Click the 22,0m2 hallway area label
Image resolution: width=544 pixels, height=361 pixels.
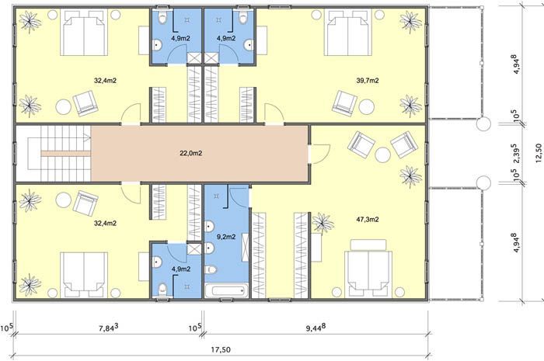pyautogui.click(x=191, y=153)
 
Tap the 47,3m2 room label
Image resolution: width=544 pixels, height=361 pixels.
pyautogui.click(x=368, y=219)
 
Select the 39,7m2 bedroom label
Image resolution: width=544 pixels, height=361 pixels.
pyautogui.click(x=368, y=81)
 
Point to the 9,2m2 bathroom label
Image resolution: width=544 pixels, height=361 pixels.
pyautogui.click(x=226, y=237)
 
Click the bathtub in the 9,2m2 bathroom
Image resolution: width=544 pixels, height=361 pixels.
pyautogui.click(x=227, y=290)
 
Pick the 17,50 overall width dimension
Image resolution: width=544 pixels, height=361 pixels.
pyautogui.click(x=221, y=349)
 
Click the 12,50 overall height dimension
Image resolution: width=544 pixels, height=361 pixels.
pyautogui.click(x=538, y=153)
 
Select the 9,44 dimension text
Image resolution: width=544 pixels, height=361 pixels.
pyautogui.click(x=316, y=328)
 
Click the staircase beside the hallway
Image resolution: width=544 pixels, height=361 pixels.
pyautogui.click(x=54, y=153)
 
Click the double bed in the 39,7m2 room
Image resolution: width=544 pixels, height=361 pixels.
pyautogui.click(x=348, y=33)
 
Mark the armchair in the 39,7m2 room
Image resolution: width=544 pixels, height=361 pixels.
pyautogui.click(x=344, y=102)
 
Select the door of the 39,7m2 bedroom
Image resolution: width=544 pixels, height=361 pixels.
pyautogui.click(x=274, y=113)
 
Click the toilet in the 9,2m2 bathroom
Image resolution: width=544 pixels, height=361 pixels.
pyautogui.click(x=211, y=269)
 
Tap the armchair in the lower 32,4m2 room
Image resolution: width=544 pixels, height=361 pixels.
pyautogui.click(x=85, y=203)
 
